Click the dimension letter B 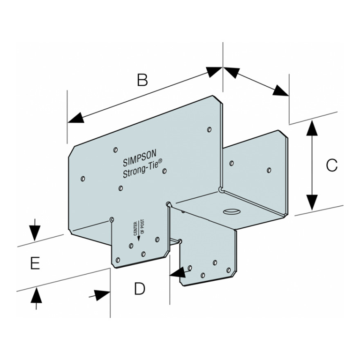coord(142,80)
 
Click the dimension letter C coord(331,165)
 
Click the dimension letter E coord(34,263)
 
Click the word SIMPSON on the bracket coord(140,159)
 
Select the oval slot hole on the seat coord(230,211)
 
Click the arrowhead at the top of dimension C coord(310,127)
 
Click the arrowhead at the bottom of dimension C coord(310,202)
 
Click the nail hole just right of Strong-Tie coord(165,171)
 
